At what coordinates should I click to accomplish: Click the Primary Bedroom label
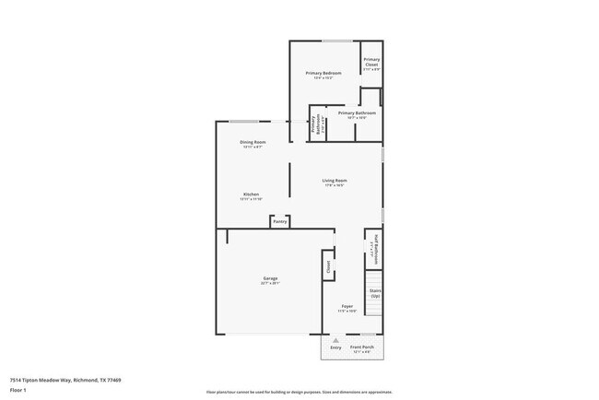click(323, 73)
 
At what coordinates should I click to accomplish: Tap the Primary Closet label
click(371, 62)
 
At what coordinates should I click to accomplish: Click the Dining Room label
click(253, 142)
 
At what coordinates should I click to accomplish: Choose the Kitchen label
click(251, 194)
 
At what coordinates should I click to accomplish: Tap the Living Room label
click(335, 180)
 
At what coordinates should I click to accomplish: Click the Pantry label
click(280, 221)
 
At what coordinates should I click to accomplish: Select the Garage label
click(270, 278)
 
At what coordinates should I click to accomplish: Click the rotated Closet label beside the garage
click(327, 266)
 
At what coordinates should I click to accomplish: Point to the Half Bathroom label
click(374, 249)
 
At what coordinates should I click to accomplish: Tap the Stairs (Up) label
click(375, 293)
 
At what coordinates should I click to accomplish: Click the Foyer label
click(346, 306)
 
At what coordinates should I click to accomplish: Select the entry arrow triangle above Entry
click(335, 340)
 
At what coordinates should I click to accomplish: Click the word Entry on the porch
click(335, 347)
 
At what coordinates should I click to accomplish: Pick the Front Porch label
click(361, 347)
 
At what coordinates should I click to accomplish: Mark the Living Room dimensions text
click(335, 185)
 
